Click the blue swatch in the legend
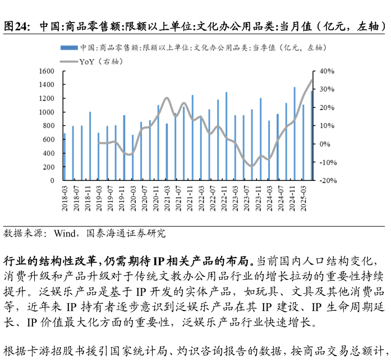pyautogui.click(x=69, y=48)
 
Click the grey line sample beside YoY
pyautogui.click(x=69, y=61)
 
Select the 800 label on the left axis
pyautogui.click(x=49, y=126)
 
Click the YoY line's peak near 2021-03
pyautogui.click(x=167, y=98)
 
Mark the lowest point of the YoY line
pyautogui.click(x=252, y=166)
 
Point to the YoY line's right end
pyautogui.click(x=312, y=80)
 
